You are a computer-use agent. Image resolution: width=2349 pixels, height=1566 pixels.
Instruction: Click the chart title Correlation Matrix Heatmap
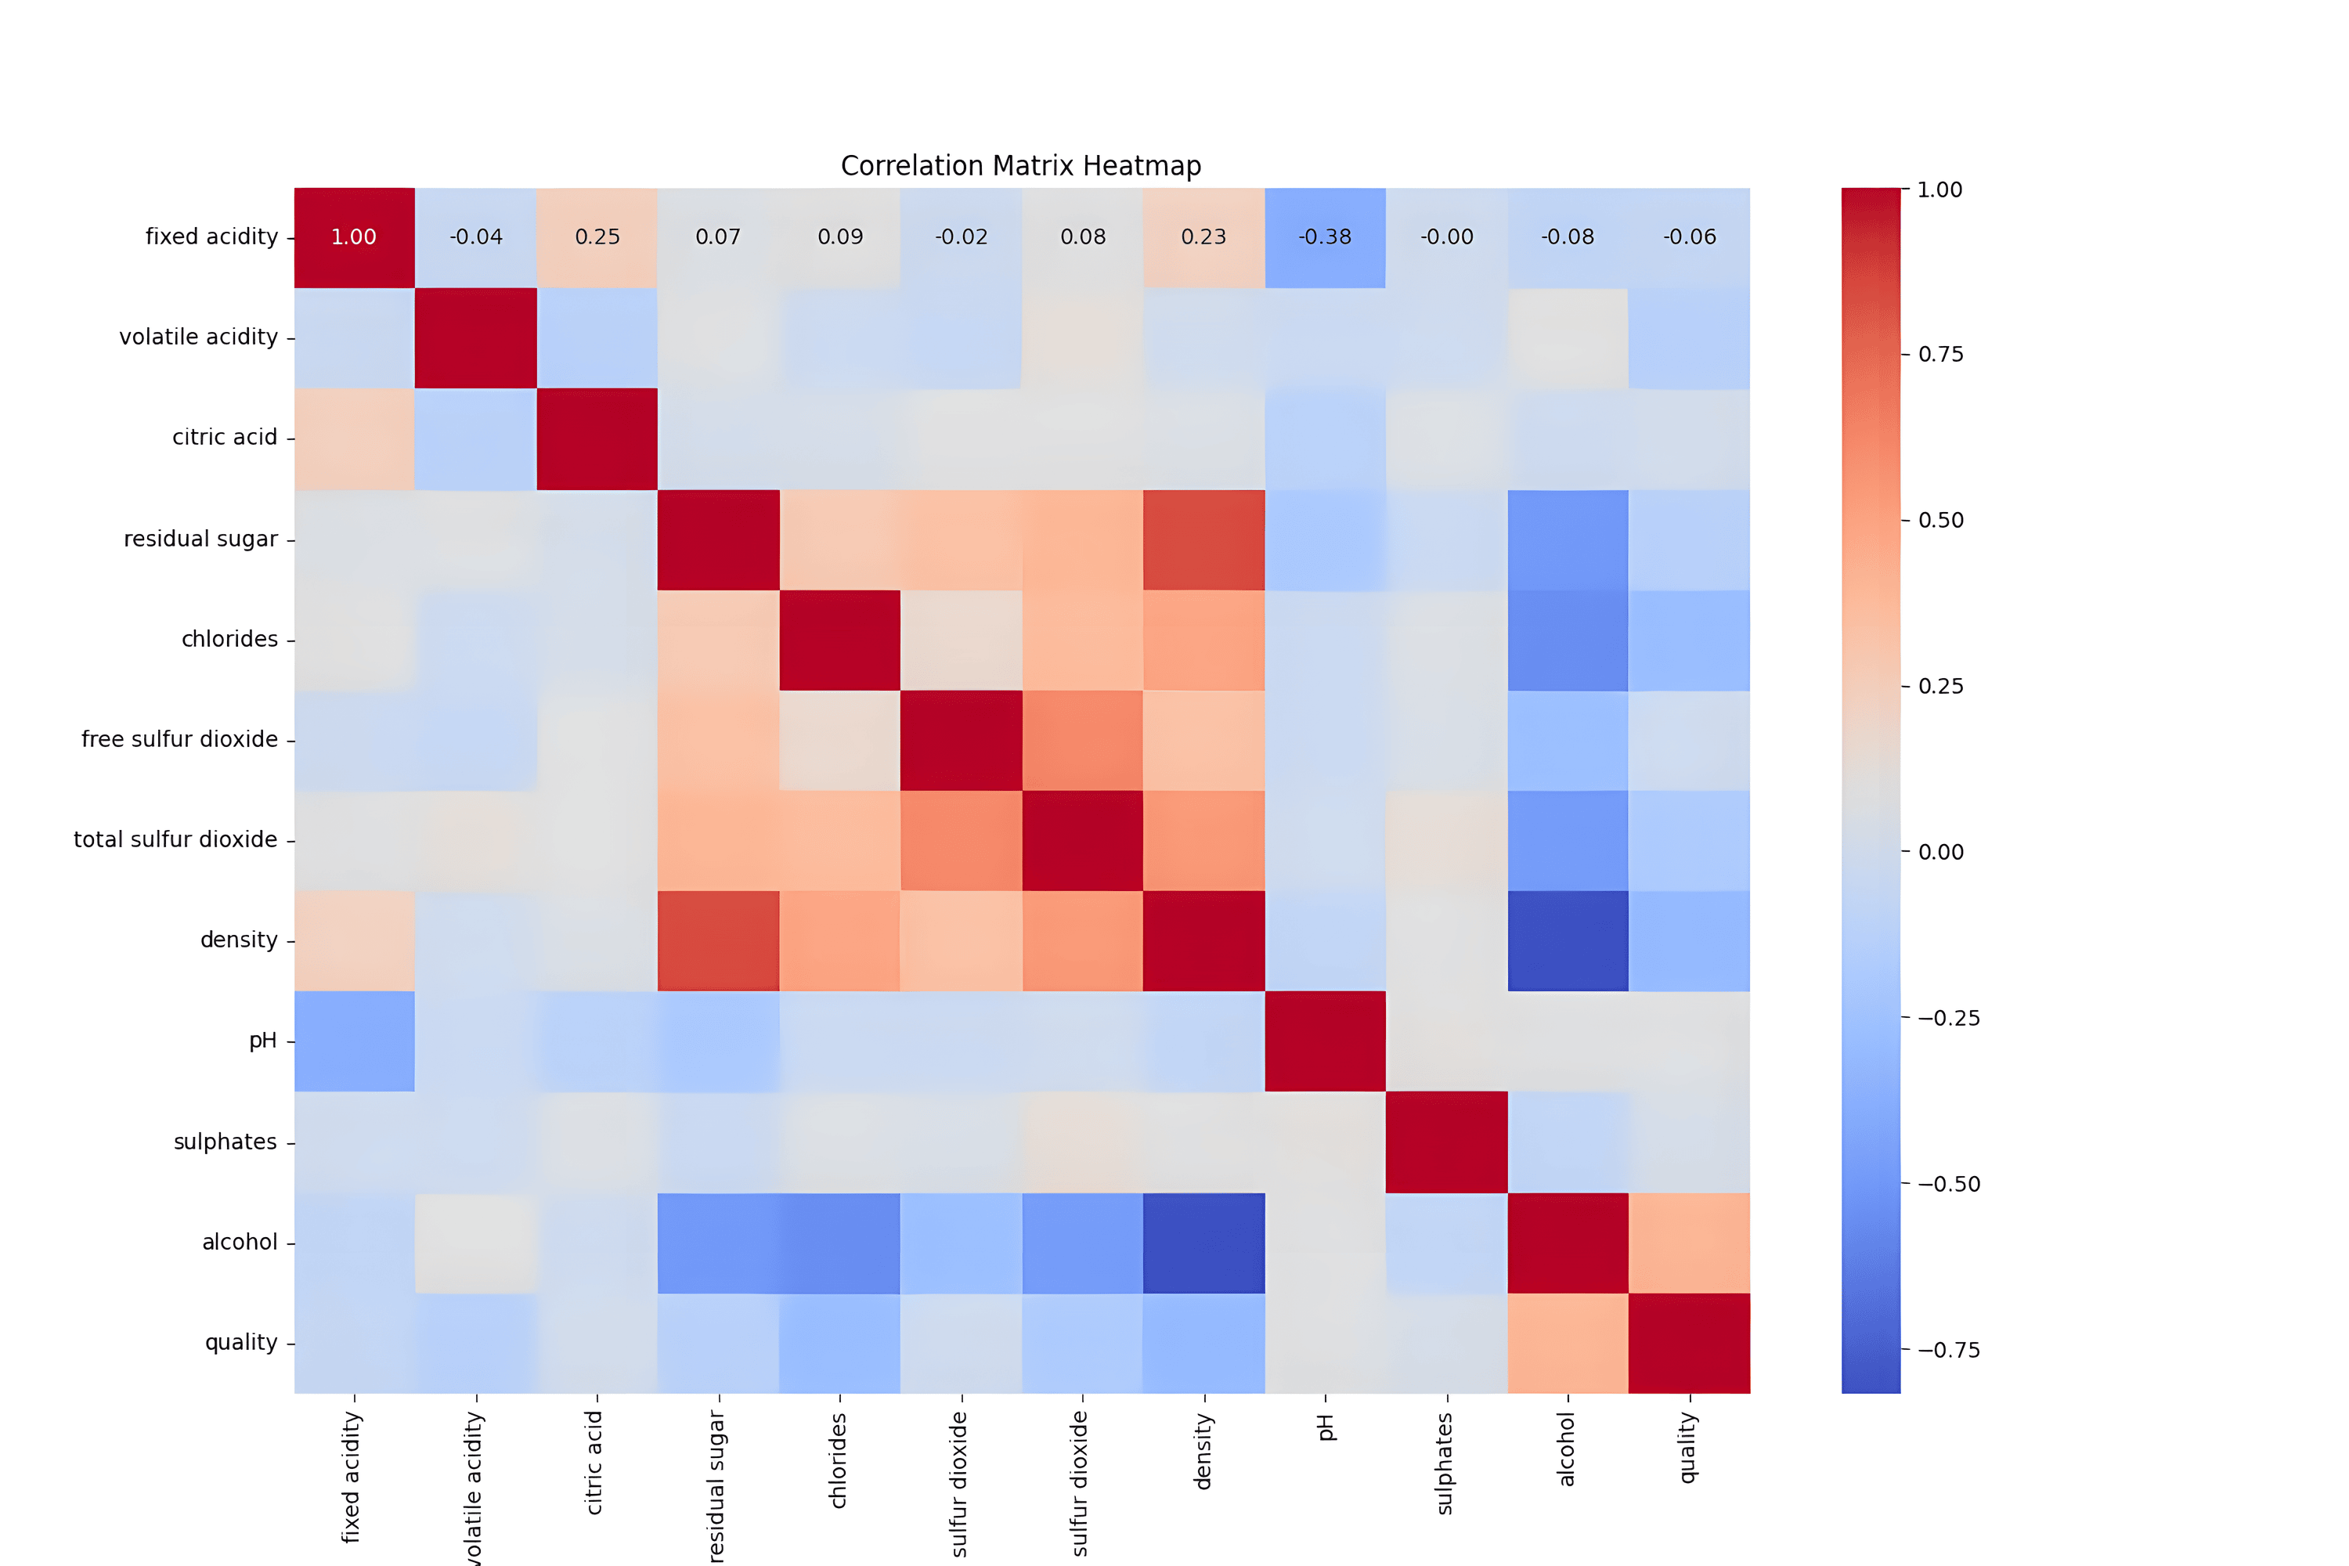point(1021,166)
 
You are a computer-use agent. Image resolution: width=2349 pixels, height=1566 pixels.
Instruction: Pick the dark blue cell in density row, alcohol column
point(1568,941)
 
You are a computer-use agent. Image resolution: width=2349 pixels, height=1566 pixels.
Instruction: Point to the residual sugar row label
point(200,539)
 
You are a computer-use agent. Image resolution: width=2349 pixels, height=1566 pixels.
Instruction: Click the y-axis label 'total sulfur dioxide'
point(175,840)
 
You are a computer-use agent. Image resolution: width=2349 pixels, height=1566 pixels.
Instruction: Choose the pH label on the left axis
point(262,1041)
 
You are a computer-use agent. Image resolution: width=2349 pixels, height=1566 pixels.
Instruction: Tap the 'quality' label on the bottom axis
point(1689,1447)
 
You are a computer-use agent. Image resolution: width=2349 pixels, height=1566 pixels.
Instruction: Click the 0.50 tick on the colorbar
point(1940,521)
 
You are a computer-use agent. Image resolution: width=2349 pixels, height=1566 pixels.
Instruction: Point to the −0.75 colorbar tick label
point(1947,1350)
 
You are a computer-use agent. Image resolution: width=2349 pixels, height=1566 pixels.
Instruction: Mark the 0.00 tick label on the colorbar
point(1940,852)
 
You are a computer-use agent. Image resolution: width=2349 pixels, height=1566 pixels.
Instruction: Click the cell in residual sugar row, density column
point(1203,539)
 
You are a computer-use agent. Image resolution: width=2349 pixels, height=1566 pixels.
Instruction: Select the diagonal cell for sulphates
point(1446,1142)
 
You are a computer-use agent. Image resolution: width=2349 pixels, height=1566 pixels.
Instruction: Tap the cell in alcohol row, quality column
point(1689,1243)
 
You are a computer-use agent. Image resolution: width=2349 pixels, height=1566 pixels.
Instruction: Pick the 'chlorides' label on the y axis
point(229,639)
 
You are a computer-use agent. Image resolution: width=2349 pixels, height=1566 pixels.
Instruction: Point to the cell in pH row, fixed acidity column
point(354,1041)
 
